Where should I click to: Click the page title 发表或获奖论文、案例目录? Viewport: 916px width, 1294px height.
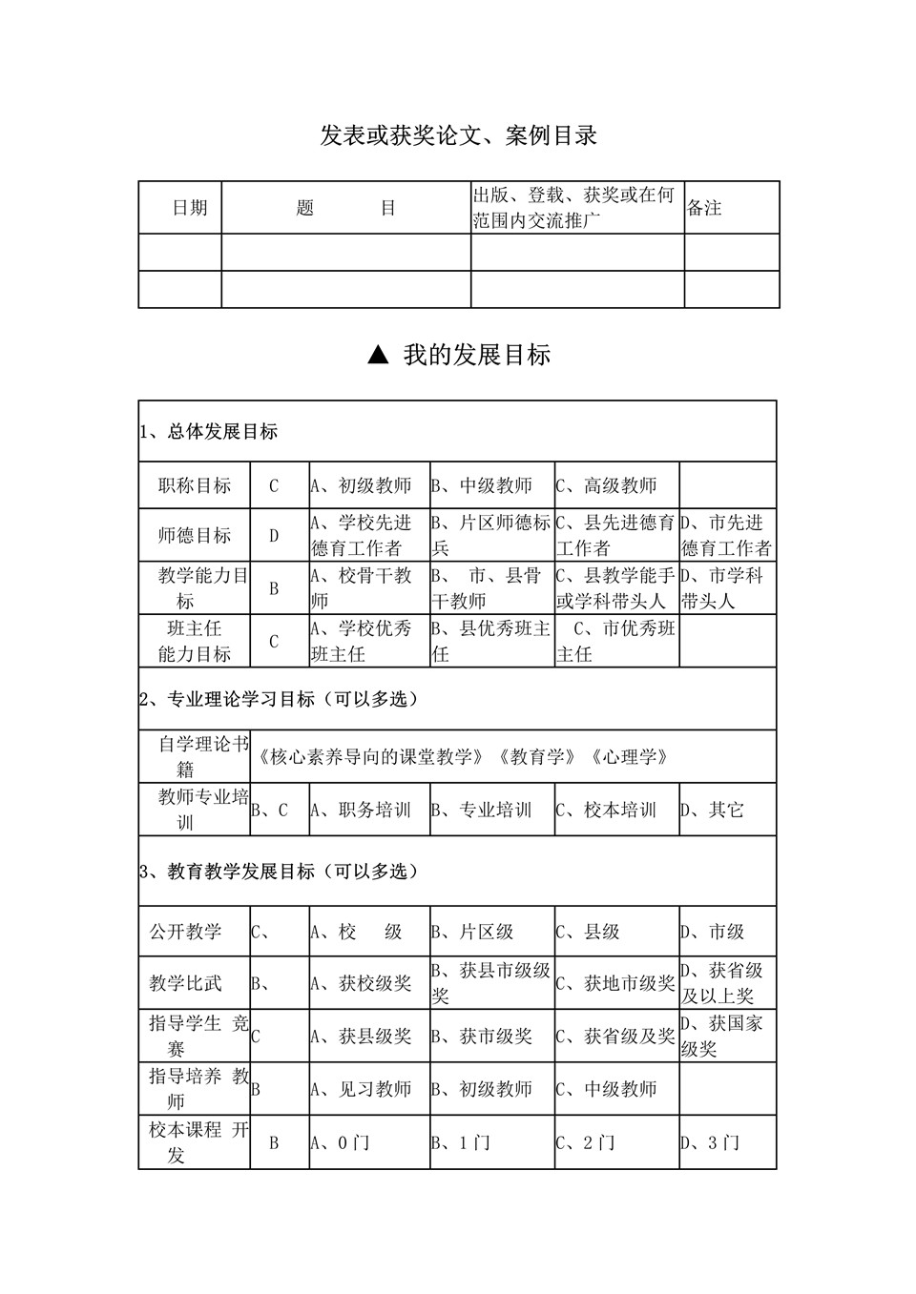pos(458,136)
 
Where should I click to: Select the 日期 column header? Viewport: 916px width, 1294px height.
pos(189,208)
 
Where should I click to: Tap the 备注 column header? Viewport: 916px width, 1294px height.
pos(704,208)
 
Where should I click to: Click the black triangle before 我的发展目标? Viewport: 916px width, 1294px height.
pos(378,356)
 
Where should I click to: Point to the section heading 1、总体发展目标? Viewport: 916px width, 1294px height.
pos(209,432)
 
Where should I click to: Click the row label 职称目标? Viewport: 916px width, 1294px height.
pos(195,486)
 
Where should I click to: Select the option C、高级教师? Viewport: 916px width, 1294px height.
pos(607,486)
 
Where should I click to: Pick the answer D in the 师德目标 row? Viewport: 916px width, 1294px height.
pos(274,536)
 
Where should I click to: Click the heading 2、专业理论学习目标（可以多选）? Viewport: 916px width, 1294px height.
pos(280,700)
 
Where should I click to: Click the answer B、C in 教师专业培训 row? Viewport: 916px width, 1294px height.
pos(269,811)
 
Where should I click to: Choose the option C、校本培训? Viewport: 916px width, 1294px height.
pos(607,811)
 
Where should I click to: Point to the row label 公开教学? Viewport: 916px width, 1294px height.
pos(185,932)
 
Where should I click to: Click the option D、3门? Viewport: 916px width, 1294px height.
pos(710,1142)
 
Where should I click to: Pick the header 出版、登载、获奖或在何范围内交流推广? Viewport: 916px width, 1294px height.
pos(574,208)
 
